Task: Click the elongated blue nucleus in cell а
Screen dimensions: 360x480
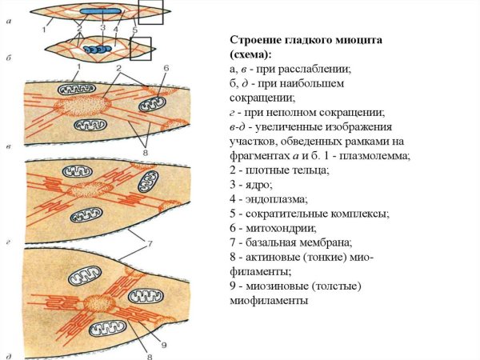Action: tap(101, 11)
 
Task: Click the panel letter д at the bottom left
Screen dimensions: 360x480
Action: tap(7, 352)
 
